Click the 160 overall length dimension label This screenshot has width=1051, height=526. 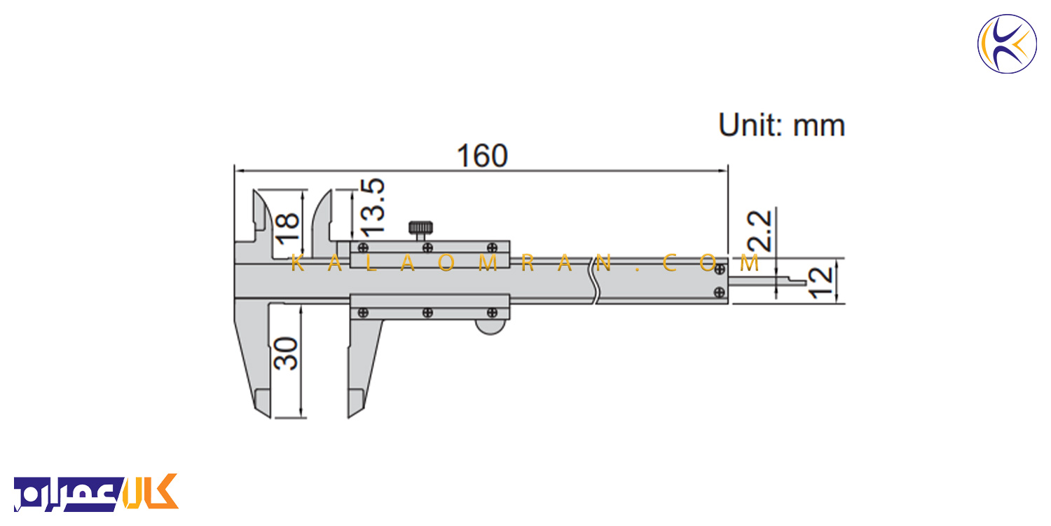(482, 156)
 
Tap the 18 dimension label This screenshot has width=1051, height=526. (287, 228)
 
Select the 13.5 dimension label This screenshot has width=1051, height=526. (373, 207)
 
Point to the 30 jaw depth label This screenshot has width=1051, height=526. (285, 353)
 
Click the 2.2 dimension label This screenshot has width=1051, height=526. (759, 231)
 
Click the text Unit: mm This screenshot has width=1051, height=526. (782, 126)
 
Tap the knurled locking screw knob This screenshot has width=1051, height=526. (420, 229)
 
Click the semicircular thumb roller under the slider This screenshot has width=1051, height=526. (490, 327)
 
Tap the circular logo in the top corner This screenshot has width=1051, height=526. (1007, 43)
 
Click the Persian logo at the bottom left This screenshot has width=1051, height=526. (96, 492)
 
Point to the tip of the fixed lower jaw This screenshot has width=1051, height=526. (270, 417)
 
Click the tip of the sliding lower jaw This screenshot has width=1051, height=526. (349, 417)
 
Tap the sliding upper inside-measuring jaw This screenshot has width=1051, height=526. (322, 221)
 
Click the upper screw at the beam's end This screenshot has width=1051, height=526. (720, 269)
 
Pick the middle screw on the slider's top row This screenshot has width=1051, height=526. (427, 248)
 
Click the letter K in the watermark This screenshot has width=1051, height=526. (297, 264)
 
